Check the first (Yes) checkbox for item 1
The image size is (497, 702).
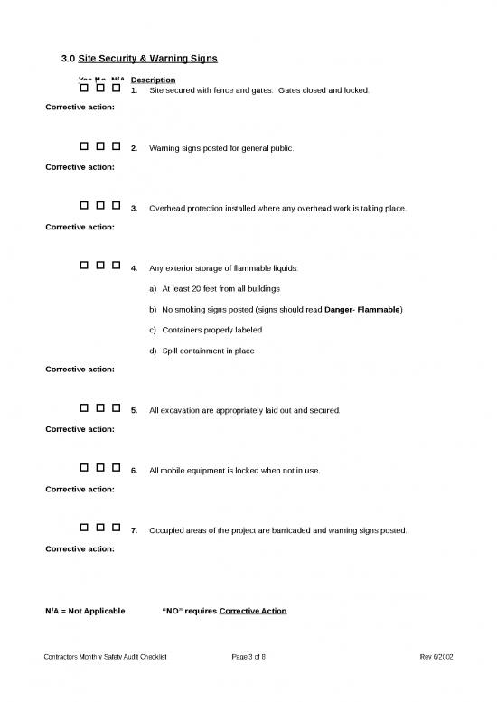pyautogui.click(x=84, y=89)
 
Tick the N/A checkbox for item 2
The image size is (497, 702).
pyautogui.click(x=117, y=145)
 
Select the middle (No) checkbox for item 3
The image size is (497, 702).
pyautogui.click(x=100, y=206)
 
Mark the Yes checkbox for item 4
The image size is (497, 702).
pyautogui.click(x=84, y=267)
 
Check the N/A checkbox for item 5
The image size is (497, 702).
pyautogui.click(x=117, y=408)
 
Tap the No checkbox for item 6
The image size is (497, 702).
pyautogui.click(x=100, y=468)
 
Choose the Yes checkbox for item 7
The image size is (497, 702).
pyautogui.click(x=84, y=529)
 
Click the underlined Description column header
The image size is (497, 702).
pyautogui.click(x=153, y=80)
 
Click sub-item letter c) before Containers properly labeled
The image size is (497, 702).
pyautogui.click(x=152, y=330)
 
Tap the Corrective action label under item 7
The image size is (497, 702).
pyautogui.click(x=80, y=548)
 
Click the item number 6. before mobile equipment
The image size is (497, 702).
pyautogui.click(x=134, y=471)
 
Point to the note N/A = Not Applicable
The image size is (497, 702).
pyautogui.click(x=86, y=611)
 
